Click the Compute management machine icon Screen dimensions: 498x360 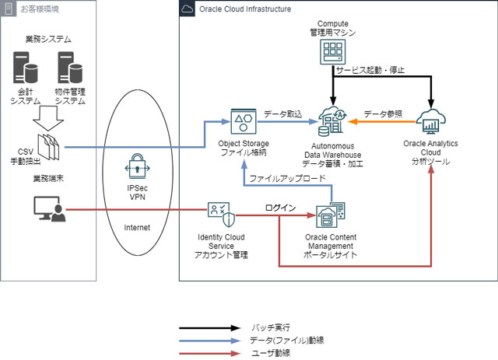[x=332, y=52]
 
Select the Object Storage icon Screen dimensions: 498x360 [x=244, y=121]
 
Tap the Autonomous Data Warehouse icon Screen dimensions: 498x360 [x=332, y=121]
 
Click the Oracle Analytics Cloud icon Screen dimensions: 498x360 [x=431, y=121]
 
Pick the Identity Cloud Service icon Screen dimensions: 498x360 [x=222, y=215]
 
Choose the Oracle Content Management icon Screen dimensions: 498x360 [x=330, y=215]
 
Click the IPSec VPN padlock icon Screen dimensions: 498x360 [x=137, y=166]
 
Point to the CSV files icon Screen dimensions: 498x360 [x=48, y=147]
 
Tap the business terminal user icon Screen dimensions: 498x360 [x=50, y=209]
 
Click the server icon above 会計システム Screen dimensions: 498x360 [x=26, y=68]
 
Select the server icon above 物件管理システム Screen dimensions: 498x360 [x=70, y=68]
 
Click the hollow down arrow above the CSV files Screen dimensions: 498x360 [x=48, y=118]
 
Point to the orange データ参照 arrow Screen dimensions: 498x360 [x=382, y=121]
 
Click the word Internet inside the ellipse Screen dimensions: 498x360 [x=137, y=227]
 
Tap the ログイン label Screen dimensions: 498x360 [x=280, y=208]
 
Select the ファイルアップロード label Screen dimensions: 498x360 [x=288, y=178]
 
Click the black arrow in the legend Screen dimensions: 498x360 [x=210, y=328]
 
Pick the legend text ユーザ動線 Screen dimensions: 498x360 [x=271, y=353]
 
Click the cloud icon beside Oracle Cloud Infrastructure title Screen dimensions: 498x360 [x=187, y=9]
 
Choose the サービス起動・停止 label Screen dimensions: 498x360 [x=370, y=70]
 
